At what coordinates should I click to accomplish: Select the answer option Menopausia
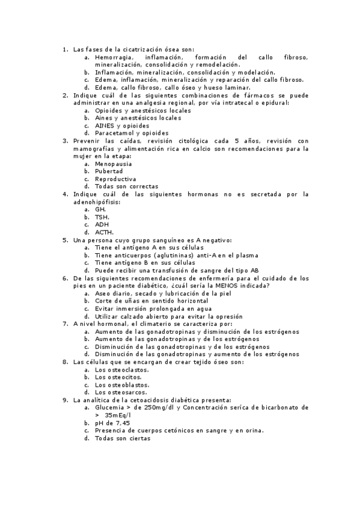[x=114, y=164]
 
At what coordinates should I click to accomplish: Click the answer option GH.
[x=100, y=209]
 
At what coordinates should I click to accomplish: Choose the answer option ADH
[x=102, y=224]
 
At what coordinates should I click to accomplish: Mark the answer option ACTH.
[x=104, y=232]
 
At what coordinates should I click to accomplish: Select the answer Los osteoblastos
[x=122, y=384]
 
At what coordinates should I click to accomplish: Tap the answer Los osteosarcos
[x=122, y=392]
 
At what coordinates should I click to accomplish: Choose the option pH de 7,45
[x=112, y=423]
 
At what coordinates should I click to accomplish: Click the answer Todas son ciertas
[x=123, y=438]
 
